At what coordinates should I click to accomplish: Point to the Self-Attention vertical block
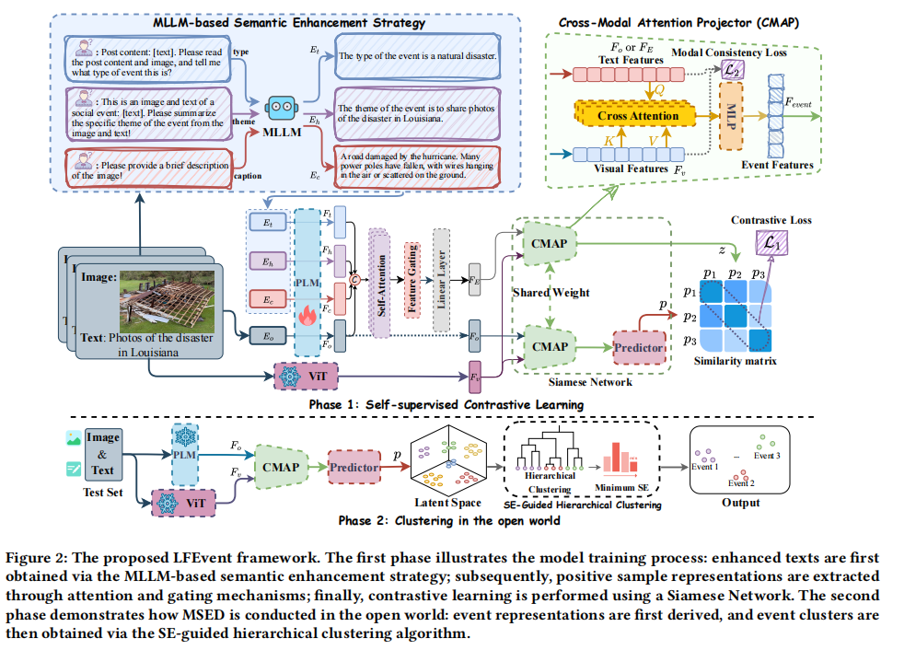tap(380, 274)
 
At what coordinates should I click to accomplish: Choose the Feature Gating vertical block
tap(412, 274)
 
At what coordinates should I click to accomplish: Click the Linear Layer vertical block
tap(443, 274)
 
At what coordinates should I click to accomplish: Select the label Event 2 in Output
tap(740, 482)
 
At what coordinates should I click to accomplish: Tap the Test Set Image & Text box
tap(103, 455)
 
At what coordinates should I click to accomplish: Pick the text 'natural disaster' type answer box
tap(419, 56)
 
